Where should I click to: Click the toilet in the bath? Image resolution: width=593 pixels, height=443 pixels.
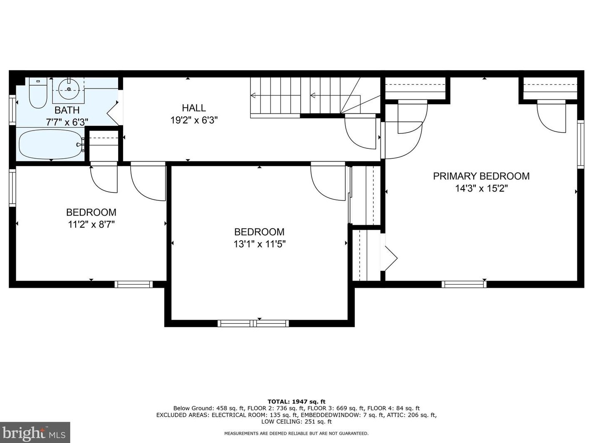[x=38, y=93]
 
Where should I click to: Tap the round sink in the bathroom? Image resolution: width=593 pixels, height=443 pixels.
[x=69, y=89]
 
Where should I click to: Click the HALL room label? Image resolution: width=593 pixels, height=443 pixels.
[x=194, y=108]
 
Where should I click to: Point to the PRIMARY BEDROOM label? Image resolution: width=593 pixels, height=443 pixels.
[x=481, y=176]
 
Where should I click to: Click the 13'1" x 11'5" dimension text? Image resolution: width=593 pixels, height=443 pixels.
[x=259, y=244]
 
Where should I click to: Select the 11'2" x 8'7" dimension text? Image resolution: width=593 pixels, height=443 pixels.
[x=91, y=224]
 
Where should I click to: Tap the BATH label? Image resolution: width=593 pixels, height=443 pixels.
[x=67, y=110]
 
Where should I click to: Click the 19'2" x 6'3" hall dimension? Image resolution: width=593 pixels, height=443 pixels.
[x=194, y=120]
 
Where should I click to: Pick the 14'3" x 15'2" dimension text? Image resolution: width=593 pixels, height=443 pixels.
[x=482, y=188]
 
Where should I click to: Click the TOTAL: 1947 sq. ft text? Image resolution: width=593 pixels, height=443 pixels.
[x=296, y=401]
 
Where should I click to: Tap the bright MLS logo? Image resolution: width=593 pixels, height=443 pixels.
[x=35, y=433]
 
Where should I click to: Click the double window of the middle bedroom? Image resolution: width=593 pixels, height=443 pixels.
[x=253, y=323]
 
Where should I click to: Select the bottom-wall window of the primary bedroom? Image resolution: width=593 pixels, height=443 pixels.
[x=464, y=284]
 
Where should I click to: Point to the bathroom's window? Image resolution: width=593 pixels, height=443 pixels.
[x=12, y=110]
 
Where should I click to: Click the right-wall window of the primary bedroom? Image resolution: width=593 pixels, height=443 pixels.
[x=581, y=145]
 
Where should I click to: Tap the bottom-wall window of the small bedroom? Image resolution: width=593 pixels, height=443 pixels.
[x=133, y=284]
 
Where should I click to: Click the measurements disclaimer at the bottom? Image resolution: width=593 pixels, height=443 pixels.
[x=296, y=433]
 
